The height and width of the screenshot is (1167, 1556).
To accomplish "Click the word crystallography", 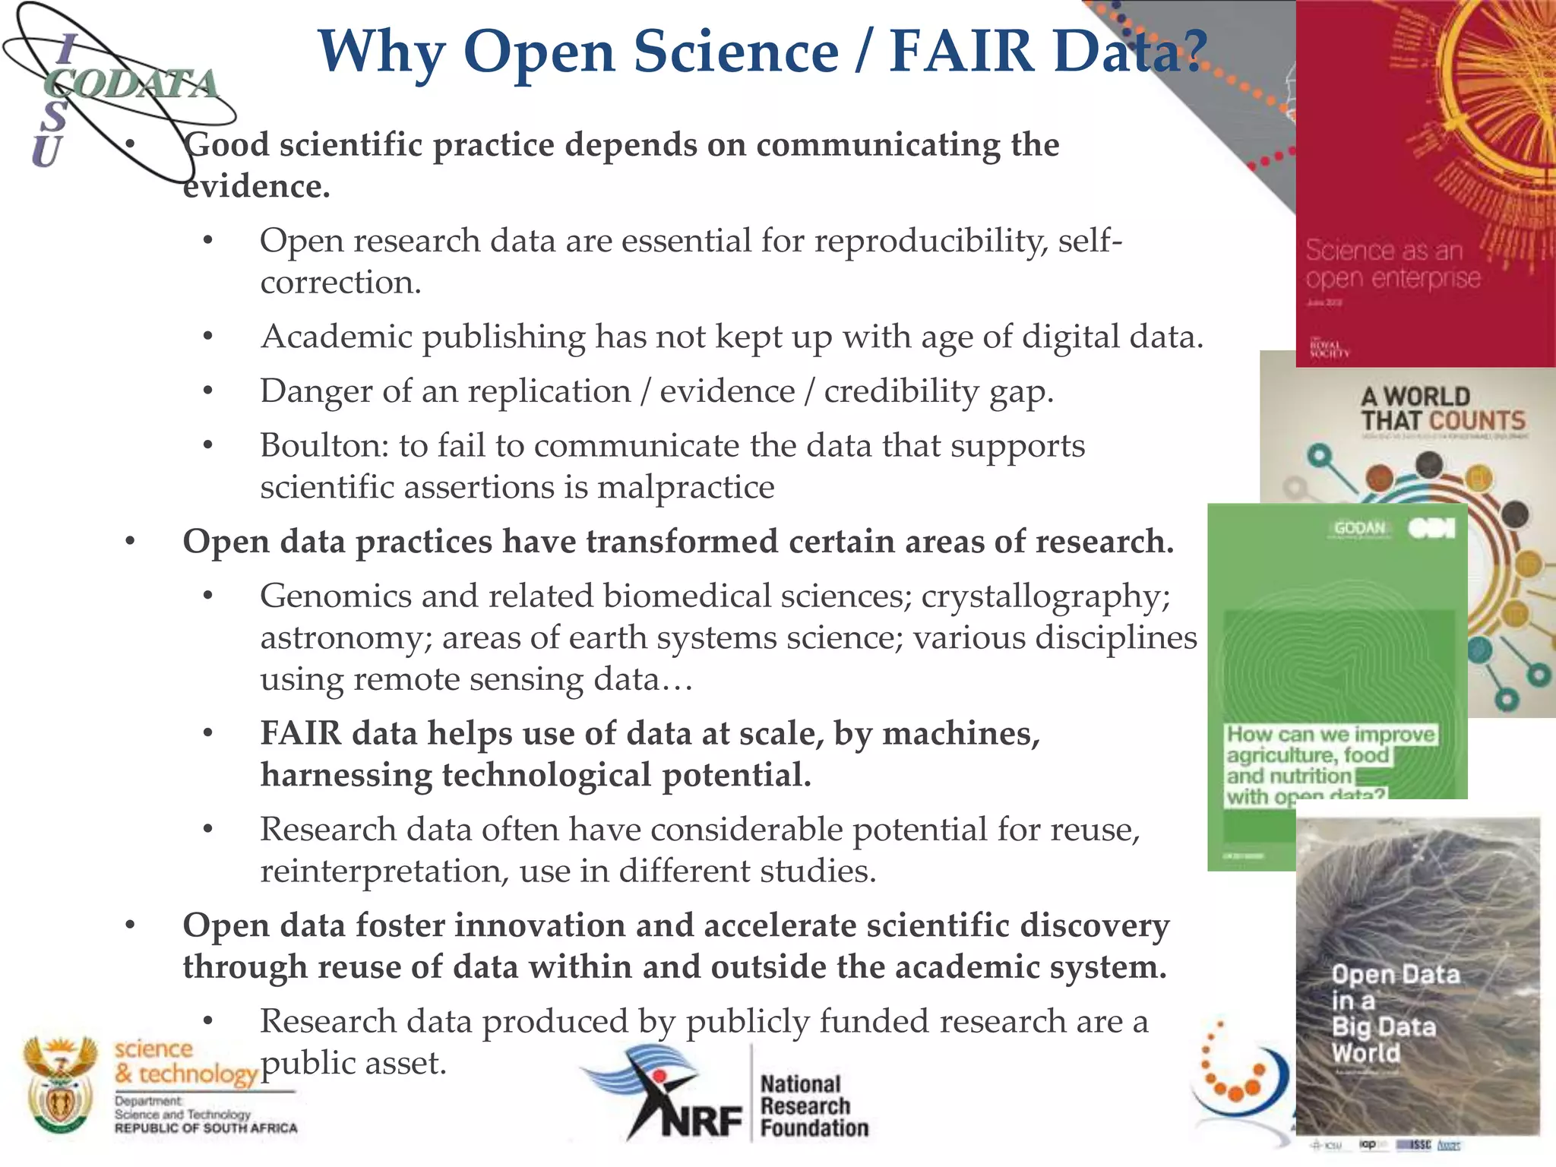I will pos(1045,596).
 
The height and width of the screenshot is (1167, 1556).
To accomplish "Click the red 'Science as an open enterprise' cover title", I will pos(1392,264).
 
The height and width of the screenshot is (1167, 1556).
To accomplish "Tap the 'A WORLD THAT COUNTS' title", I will pos(1442,408).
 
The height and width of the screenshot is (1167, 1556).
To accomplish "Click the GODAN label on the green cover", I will pos(1359,528).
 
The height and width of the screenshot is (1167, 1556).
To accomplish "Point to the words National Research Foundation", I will pos(813,1105).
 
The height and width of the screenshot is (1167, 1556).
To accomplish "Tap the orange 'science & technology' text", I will pos(185,1061).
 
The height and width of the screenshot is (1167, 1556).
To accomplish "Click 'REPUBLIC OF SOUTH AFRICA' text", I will pos(206,1128).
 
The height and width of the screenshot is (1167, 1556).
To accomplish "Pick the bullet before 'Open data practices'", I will pos(131,542).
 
